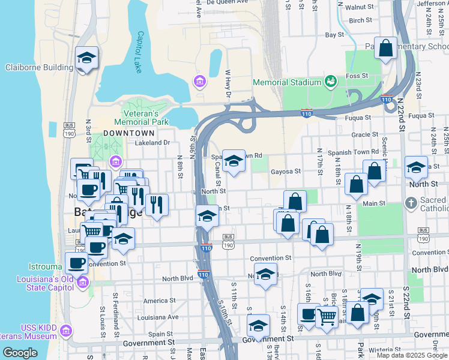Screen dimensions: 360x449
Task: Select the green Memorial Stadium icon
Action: point(330,81)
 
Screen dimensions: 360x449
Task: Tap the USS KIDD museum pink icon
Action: point(65,331)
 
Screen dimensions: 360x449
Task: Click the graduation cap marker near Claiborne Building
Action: point(87,58)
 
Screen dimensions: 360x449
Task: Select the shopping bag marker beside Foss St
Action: point(385,48)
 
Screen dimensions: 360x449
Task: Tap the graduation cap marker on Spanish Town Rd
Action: point(234,161)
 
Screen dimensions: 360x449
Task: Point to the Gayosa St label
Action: point(285,172)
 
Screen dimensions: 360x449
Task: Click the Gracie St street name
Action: point(365,135)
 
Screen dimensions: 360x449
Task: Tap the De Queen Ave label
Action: point(227,2)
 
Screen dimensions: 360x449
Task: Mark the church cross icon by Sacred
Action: point(411,203)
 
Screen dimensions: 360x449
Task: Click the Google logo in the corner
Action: point(20,352)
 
